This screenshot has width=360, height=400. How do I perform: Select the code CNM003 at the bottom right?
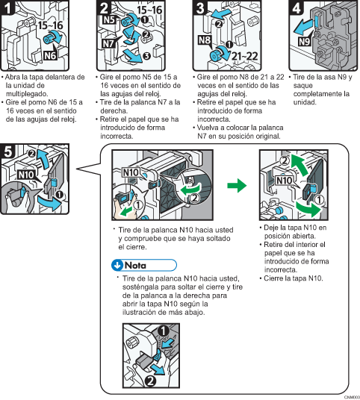(x=347, y=396)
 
